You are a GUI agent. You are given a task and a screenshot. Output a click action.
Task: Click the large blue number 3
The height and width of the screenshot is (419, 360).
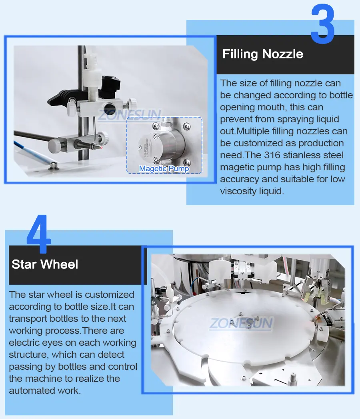click(x=322, y=24)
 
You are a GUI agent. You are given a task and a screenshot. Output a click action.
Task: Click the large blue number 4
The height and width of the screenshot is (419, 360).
click(x=39, y=233)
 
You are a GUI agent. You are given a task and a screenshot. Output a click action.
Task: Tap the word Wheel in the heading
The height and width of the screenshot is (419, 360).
click(x=59, y=264)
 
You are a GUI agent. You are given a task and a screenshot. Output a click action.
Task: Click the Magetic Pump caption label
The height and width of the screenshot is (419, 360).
click(x=164, y=169)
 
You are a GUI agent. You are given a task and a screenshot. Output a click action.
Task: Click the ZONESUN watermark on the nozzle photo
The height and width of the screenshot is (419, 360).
click(x=130, y=115)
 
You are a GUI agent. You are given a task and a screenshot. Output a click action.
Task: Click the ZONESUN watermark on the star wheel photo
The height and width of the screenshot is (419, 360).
click(x=241, y=323)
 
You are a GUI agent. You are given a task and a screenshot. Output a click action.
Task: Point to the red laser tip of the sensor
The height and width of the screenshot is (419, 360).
click(x=101, y=147)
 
